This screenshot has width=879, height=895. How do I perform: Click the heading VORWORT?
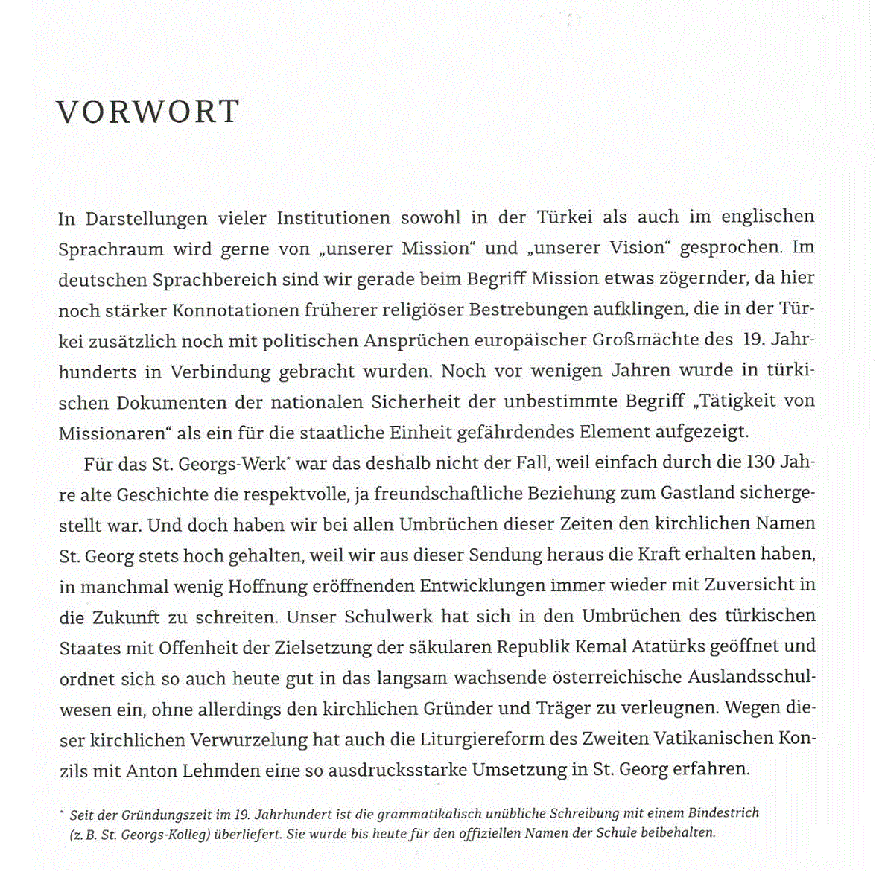(x=147, y=112)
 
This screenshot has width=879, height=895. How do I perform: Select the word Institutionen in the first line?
(x=333, y=218)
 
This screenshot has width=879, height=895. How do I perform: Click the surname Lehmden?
(x=221, y=770)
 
